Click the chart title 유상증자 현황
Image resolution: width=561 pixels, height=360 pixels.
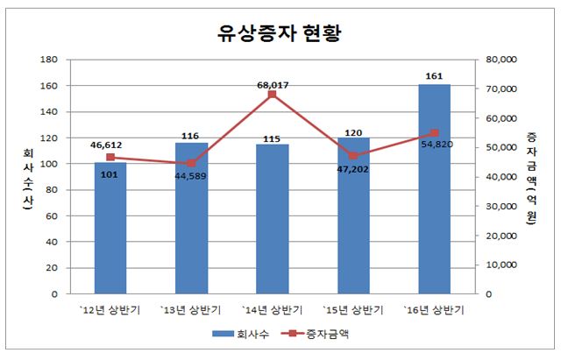(279, 33)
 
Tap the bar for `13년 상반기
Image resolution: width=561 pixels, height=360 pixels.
(191, 219)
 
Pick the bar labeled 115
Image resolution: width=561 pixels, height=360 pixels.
(272, 219)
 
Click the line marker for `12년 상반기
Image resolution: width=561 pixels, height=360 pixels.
(110, 158)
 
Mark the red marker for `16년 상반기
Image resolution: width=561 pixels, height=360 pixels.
(434, 133)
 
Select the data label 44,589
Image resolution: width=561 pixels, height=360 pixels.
(191, 175)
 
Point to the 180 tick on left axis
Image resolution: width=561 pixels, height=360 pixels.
(50, 60)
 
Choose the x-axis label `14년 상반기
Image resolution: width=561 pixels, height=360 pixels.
(273, 310)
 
